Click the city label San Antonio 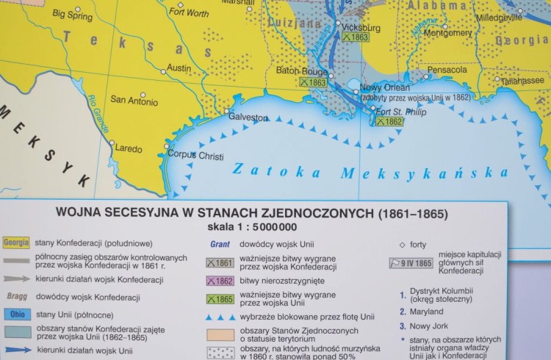click(x=133, y=100)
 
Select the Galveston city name click(x=248, y=117)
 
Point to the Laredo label click(x=129, y=148)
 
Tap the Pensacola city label click(x=447, y=70)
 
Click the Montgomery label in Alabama click(x=448, y=33)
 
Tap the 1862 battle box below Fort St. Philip click(x=389, y=121)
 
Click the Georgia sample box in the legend click(x=15, y=243)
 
